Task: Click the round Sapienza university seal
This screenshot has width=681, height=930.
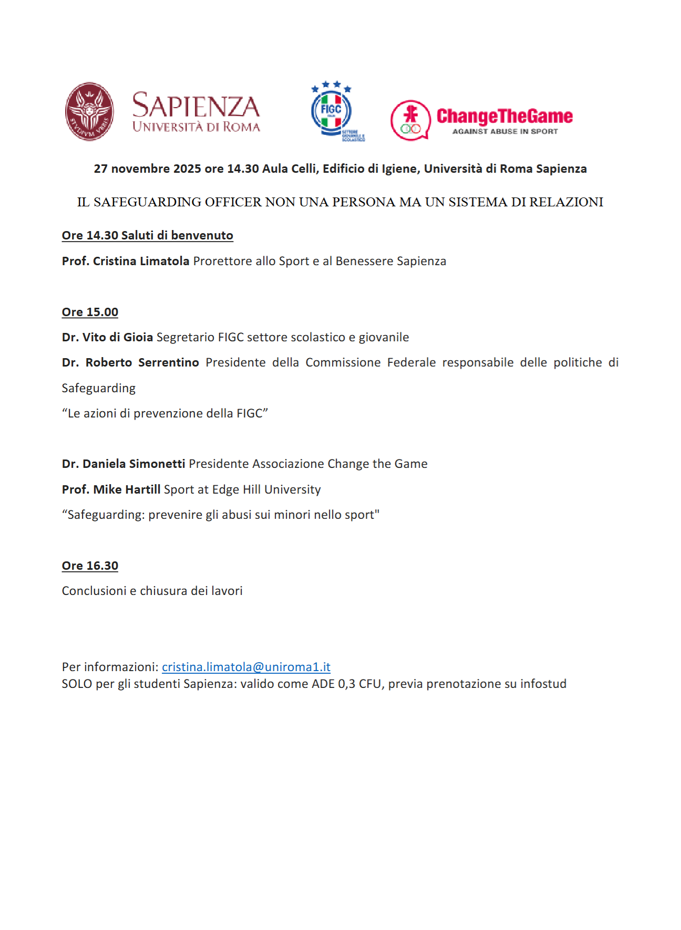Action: coord(89,111)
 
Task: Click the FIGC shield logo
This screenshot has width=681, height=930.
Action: coord(332,110)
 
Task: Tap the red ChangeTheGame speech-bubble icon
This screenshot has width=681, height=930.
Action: coord(410,120)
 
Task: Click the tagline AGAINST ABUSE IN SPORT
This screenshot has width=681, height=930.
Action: coord(504,131)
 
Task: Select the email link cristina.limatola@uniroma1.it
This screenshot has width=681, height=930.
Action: coord(246,667)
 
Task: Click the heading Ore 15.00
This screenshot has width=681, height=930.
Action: coord(90,312)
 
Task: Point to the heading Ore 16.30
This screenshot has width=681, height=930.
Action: coord(90,566)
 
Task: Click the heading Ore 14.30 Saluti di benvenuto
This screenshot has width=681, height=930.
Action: coord(147,235)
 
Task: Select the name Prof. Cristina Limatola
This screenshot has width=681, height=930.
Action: coord(126,261)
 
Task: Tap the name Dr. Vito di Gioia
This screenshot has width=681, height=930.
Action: coord(107,337)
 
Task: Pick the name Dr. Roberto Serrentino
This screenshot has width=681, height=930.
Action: coord(130,362)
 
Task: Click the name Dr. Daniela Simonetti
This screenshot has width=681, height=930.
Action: coord(123,464)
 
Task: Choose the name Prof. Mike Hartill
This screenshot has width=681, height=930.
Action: coord(111,489)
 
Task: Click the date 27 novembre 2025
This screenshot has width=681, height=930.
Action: coord(147,169)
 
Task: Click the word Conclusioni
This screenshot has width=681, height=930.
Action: coord(94,591)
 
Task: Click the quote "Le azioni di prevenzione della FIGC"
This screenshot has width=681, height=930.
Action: coord(165,413)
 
